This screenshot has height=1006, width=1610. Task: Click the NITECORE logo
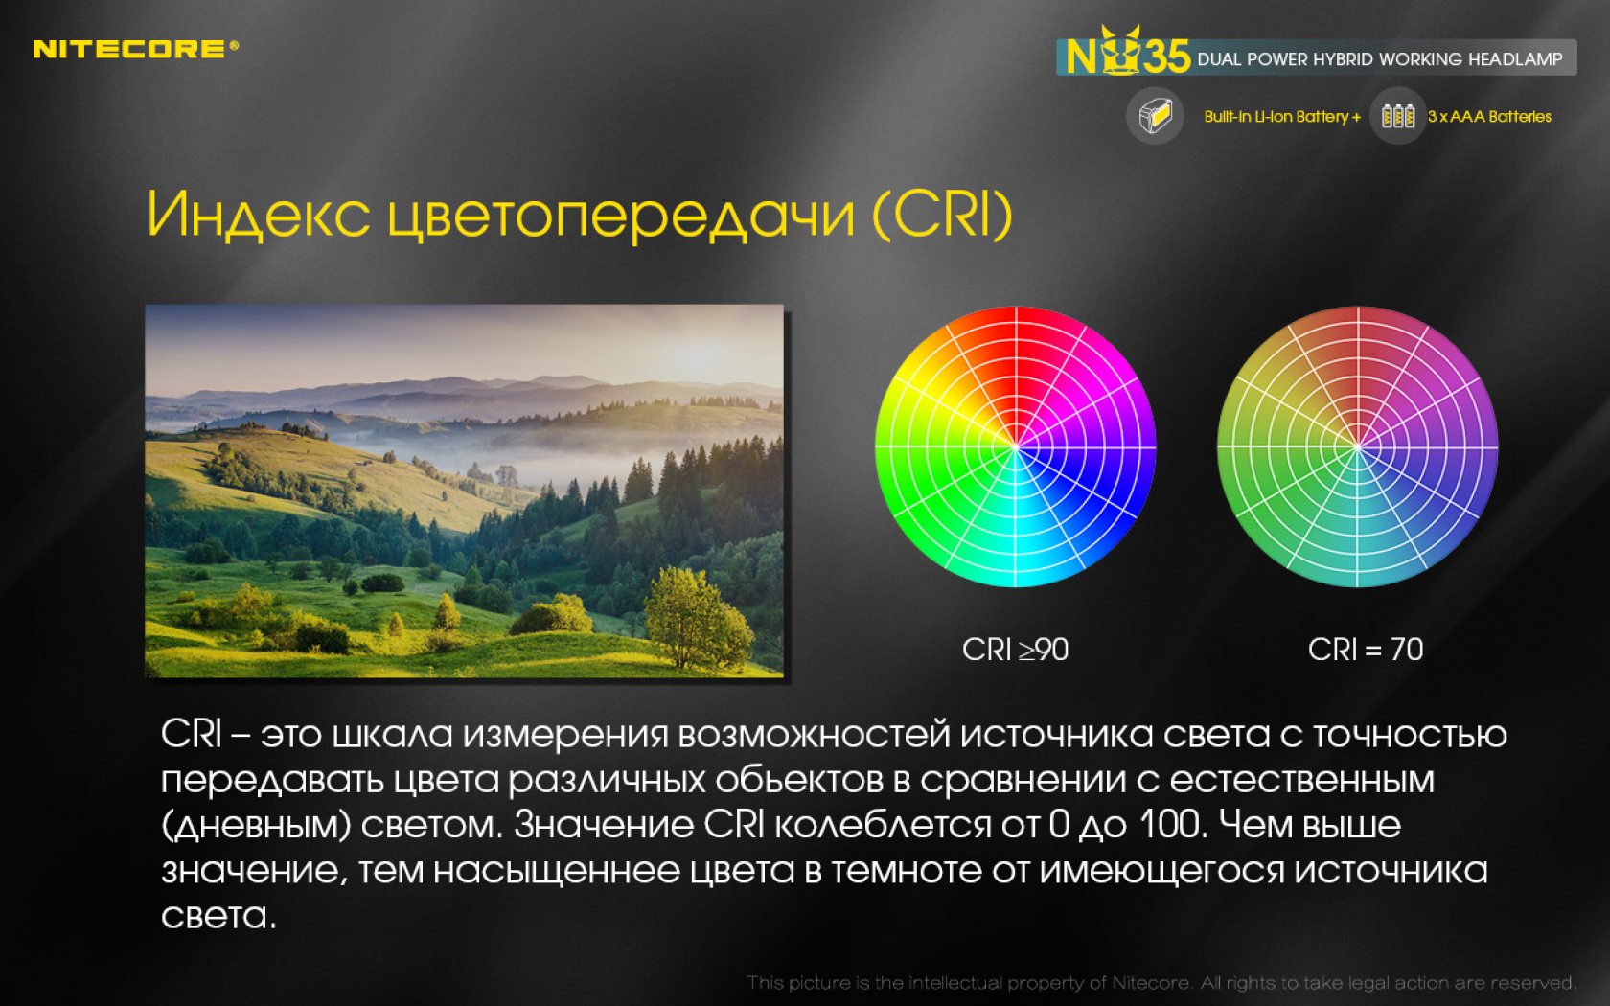point(136,49)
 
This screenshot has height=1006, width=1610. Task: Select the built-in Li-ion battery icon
point(1155,116)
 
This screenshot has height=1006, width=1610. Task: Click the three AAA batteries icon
point(1397,116)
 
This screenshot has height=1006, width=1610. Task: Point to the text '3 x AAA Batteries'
point(1489,117)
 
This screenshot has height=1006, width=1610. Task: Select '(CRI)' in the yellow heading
point(942,215)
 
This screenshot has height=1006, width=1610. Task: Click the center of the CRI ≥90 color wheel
point(1016,446)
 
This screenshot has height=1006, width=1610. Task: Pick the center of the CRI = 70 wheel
point(1358,446)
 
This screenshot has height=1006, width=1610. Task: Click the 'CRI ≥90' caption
point(1015,650)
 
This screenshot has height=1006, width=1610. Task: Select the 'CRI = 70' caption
point(1366,650)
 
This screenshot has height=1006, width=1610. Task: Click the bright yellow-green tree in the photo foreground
point(696,618)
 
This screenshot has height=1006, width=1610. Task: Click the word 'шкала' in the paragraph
point(392,734)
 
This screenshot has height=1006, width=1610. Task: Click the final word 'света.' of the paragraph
point(218,916)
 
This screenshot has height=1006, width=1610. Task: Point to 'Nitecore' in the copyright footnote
point(1151,982)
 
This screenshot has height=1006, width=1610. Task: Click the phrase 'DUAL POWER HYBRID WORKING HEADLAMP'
point(1380,59)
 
